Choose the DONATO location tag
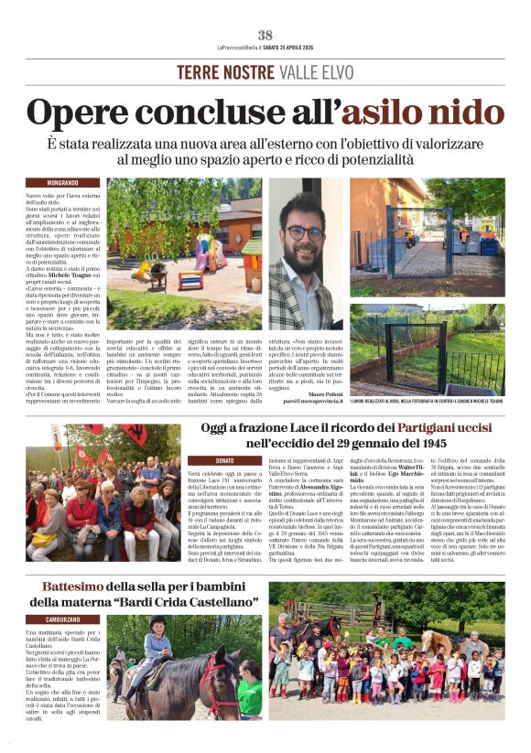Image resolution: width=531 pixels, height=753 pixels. click(223, 460)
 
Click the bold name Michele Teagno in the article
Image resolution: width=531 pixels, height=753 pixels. click(75, 275)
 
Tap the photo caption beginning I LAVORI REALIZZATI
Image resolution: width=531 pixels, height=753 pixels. click(426, 375)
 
